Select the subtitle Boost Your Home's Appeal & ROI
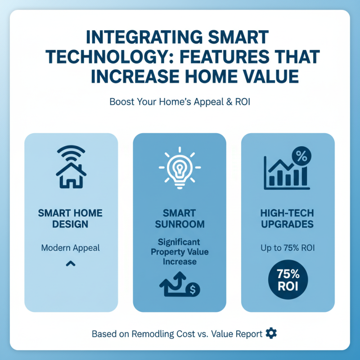[180, 101]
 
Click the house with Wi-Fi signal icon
[71, 167]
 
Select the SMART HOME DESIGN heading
[71, 218]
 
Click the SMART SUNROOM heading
[180, 218]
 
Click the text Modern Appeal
[71, 248]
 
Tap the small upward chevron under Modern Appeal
[71, 264]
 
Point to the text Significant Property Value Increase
[180, 252]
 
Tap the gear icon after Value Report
[271, 333]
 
